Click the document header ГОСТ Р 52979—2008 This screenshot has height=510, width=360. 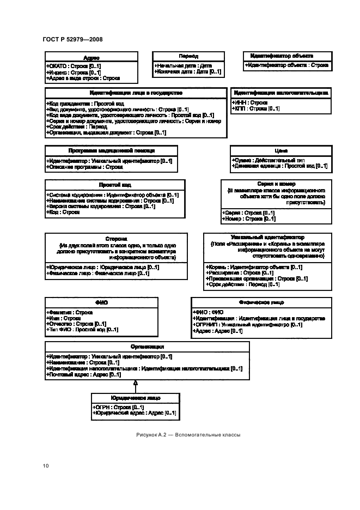[x=72, y=39]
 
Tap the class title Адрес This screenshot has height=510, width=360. [x=91, y=58]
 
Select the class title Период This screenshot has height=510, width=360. [x=188, y=56]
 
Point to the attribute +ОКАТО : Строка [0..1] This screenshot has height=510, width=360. [x=74, y=66]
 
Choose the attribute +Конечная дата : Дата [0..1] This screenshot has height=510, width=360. [x=187, y=71]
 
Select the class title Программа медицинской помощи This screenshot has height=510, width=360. [x=111, y=150]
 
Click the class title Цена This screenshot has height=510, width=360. [x=282, y=150]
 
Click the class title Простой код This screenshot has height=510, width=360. [x=115, y=185]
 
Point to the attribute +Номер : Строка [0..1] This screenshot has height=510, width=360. [x=248, y=218]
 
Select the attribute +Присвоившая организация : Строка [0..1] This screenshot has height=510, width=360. [x=257, y=278]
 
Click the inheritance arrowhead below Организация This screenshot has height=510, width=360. [x=135, y=384]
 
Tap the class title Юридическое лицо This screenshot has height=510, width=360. [x=135, y=398]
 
